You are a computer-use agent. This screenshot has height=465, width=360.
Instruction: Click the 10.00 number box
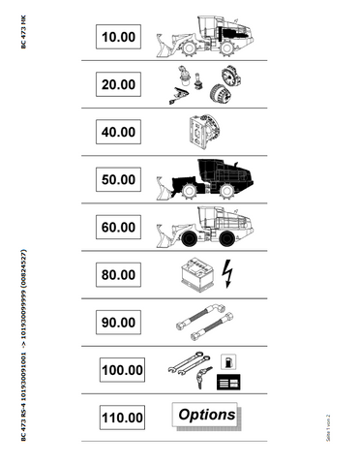pyautogui.click(x=119, y=37)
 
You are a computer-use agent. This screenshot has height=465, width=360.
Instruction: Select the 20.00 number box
pyautogui.click(x=119, y=84)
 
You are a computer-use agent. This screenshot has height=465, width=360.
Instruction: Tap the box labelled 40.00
pyautogui.click(x=119, y=132)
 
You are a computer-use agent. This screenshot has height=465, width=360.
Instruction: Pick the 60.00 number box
pyautogui.click(x=119, y=227)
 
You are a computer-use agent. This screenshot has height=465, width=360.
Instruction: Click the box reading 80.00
pyautogui.click(x=119, y=274)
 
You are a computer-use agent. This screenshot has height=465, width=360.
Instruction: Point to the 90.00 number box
pyautogui.click(x=119, y=322)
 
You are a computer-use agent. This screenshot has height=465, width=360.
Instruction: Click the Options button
pyautogui.click(x=206, y=416)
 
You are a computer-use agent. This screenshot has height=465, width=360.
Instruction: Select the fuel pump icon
pyautogui.click(x=228, y=360)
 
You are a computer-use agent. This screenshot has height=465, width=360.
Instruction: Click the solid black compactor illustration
pyautogui.click(x=207, y=177)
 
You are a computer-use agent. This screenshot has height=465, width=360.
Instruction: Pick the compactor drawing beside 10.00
pyautogui.click(x=207, y=36)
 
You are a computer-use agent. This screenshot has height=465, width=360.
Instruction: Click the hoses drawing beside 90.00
pyautogui.click(x=204, y=322)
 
